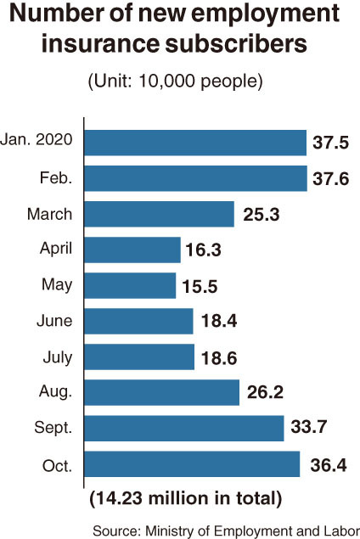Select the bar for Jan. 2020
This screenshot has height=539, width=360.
click(195, 143)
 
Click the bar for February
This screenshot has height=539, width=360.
click(195, 178)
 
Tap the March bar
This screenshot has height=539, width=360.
click(159, 214)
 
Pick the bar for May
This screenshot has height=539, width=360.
click(130, 286)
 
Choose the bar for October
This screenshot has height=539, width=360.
click(192, 464)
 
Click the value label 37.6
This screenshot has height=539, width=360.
click(331, 179)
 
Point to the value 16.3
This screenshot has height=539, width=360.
click(203, 250)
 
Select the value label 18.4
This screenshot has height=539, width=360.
click(219, 321)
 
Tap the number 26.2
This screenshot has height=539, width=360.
click(265, 392)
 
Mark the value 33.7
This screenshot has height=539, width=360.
click(309, 427)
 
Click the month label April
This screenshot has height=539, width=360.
click(56, 249)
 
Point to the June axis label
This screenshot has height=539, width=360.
click(54, 321)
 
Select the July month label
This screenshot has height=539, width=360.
click(58, 357)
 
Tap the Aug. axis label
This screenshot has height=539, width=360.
click(56, 392)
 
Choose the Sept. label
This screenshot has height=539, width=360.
click(53, 428)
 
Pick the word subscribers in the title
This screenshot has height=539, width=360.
click(236, 44)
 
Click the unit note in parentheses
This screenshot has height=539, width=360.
click(176, 81)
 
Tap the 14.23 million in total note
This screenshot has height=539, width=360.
click(186, 498)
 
